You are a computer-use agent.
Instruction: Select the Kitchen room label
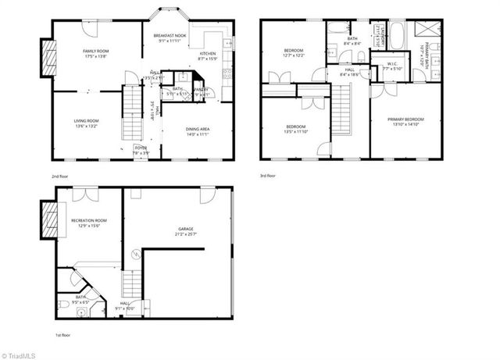click(x=208, y=54)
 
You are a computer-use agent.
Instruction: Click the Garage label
click(x=186, y=228)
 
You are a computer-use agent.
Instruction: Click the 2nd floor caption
click(x=59, y=176)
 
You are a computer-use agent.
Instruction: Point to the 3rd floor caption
click(x=268, y=176)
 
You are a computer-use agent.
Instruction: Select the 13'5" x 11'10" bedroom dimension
click(x=295, y=131)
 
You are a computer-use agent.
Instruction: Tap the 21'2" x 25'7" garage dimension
click(x=186, y=233)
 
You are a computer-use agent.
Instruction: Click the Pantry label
click(x=202, y=90)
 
